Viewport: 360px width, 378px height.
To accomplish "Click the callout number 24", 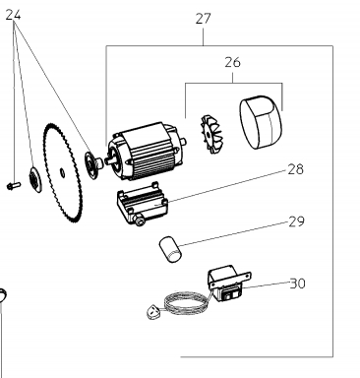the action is (13, 15).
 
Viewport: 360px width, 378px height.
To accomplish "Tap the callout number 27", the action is (203, 19).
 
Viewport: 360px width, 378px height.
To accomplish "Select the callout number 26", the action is (232, 62).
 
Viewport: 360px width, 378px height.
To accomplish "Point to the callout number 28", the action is (295, 169).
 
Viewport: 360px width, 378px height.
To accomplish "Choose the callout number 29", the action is (296, 221).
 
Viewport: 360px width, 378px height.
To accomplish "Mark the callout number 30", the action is (297, 283).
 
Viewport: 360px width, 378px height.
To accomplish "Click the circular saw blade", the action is (62, 172).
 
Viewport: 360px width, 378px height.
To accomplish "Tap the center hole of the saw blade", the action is (62, 172).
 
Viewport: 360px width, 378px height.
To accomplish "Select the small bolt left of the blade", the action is (14, 186).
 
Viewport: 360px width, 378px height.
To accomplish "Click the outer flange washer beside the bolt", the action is (34, 179).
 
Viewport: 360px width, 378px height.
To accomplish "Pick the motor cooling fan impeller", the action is (210, 134).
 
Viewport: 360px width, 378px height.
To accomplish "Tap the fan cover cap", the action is (261, 122).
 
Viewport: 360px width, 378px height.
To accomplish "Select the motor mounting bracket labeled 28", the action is (142, 203).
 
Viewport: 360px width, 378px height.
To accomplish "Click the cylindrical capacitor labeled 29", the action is (170, 250).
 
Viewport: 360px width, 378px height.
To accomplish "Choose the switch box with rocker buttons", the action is (228, 283).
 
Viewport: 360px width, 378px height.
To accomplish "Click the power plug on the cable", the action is (152, 312).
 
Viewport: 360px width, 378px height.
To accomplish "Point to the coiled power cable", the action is (187, 303).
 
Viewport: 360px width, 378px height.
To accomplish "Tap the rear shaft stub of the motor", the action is (183, 142).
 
